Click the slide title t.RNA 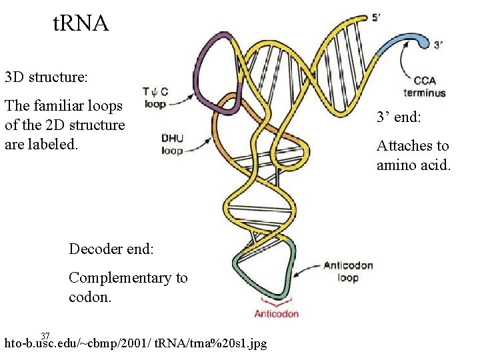point(80,24)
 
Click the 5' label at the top point(377,18)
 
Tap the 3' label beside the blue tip point(439,45)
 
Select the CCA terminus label point(425,87)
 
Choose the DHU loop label point(172,144)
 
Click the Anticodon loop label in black point(348,271)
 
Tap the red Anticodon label point(276,314)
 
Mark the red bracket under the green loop point(275,304)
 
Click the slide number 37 point(45,335)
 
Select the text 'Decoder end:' point(111,249)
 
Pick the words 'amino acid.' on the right point(413,164)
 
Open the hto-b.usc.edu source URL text point(135,344)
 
